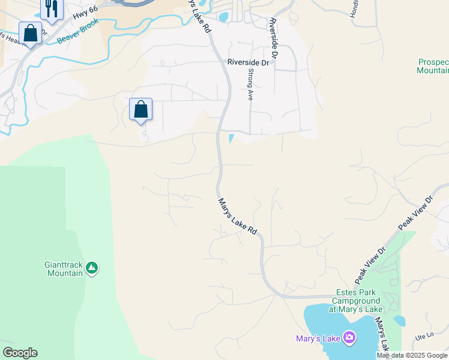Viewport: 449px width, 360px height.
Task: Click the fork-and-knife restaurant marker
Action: [52, 9]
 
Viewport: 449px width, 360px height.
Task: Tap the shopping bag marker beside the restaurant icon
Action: [31, 34]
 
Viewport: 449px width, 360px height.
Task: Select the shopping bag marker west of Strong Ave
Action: [140, 110]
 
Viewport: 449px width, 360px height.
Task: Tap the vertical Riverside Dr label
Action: [274, 37]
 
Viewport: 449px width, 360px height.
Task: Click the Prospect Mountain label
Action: [433, 66]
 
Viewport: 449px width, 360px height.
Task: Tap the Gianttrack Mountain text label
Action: [64, 268]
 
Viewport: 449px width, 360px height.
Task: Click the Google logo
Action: [20, 353]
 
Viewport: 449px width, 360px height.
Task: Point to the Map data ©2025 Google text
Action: [412, 355]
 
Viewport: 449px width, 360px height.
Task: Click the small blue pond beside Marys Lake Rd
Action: [231, 139]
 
